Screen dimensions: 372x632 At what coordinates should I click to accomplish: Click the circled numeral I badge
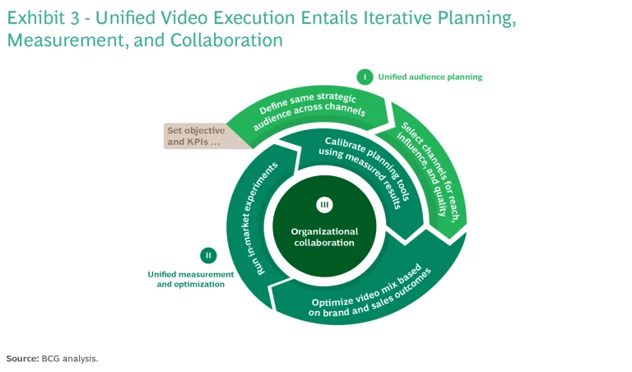[365, 77]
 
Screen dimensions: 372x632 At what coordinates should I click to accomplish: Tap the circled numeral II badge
[208, 255]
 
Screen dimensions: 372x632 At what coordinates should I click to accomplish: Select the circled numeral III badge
[323, 204]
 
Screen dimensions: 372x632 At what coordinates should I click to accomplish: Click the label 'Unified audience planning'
[430, 77]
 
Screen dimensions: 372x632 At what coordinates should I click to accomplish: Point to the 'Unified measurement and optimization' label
[186, 278]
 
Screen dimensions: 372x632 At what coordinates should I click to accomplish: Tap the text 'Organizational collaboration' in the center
[323, 237]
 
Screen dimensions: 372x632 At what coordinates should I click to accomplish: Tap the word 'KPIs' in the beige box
[203, 142]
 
